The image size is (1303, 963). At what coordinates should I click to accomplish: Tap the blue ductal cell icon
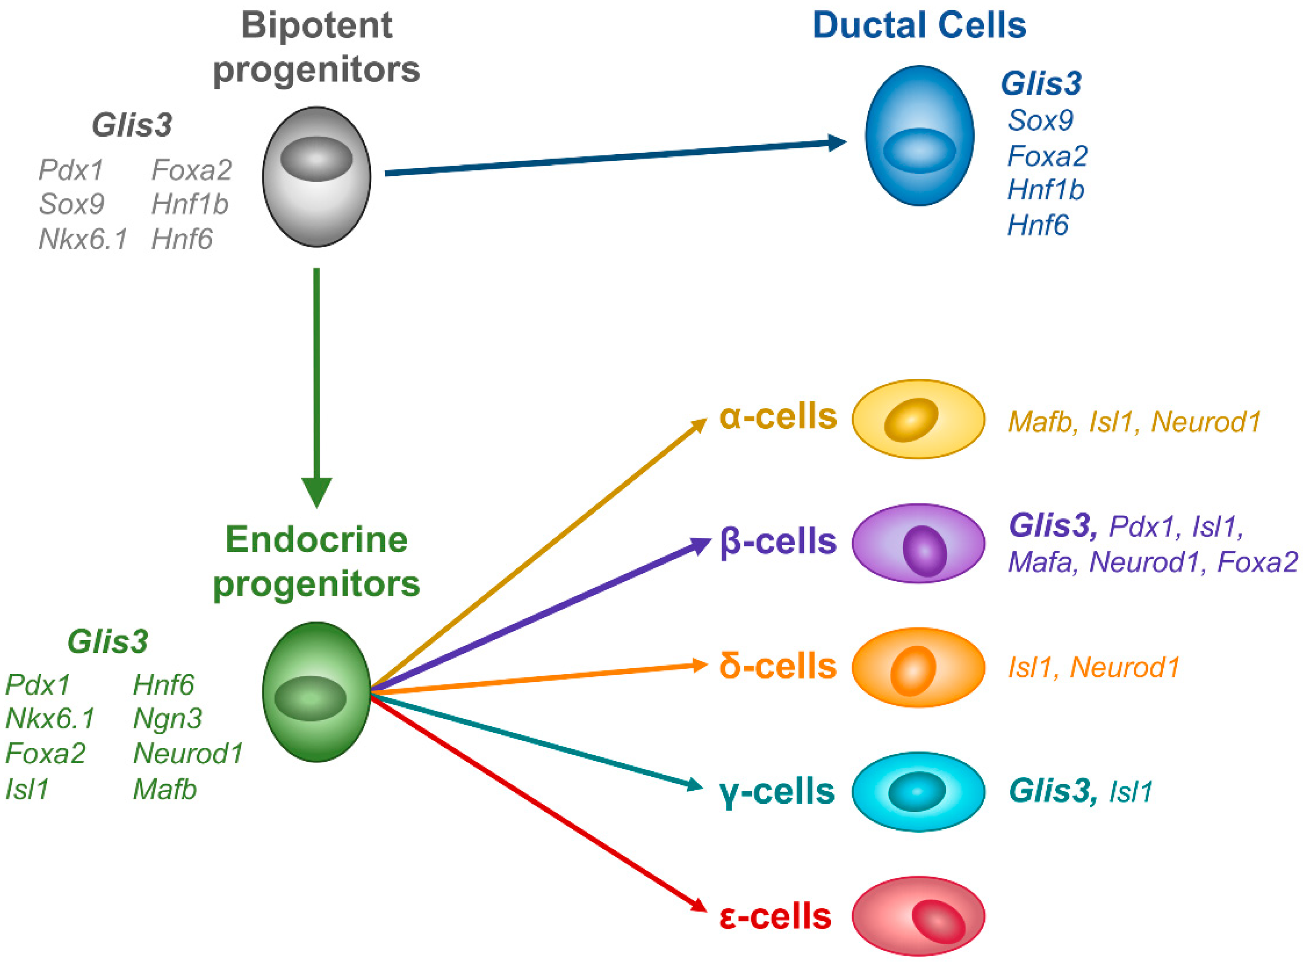click(919, 135)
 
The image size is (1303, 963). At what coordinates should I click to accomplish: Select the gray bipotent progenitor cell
click(316, 177)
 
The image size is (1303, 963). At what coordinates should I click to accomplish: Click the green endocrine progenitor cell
click(316, 692)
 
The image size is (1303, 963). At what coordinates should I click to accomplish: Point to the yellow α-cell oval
click(918, 419)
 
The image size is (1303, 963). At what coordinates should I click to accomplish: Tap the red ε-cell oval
click(918, 917)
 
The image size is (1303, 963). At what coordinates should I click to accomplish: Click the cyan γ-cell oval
click(918, 792)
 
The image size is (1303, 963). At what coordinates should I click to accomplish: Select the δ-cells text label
click(777, 666)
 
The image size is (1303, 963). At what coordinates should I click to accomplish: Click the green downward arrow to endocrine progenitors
click(317, 385)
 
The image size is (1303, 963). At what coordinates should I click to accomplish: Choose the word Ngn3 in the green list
click(168, 719)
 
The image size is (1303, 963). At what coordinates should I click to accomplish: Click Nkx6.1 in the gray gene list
click(82, 239)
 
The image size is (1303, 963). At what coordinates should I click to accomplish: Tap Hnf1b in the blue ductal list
click(1045, 190)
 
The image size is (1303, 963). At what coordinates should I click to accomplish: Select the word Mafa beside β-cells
click(1042, 562)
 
